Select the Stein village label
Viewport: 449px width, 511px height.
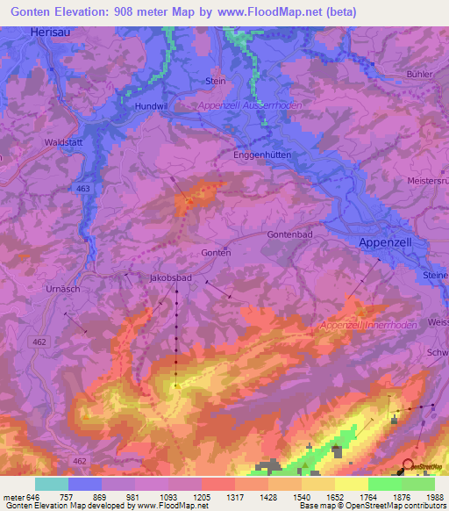215,81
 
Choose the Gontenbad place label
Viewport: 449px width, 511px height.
290,235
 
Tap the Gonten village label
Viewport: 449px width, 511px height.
215,252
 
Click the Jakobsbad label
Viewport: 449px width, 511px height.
170,277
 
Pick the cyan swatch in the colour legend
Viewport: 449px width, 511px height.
52,484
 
